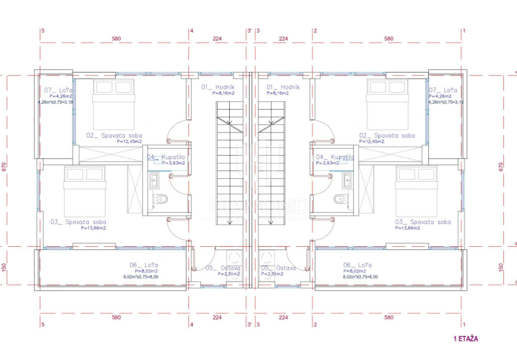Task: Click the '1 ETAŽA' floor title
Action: [x=466, y=338]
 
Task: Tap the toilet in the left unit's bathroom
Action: [x=161, y=199]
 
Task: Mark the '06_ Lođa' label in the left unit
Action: [x=144, y=265]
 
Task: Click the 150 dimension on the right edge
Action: [x=500, y=266]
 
